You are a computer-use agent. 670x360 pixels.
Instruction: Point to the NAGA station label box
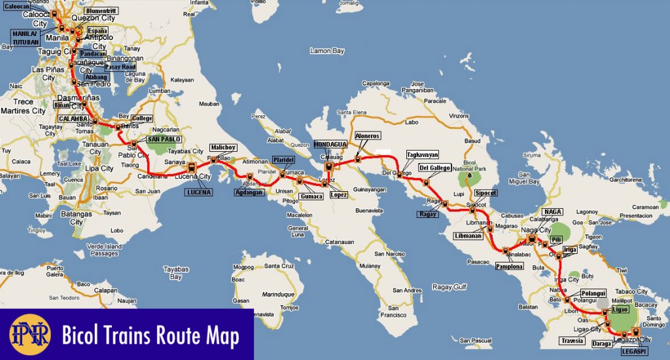pyautogui.click(x=553, y=212)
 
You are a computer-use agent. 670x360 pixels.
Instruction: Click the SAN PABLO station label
pyautogui.click(x=164, y=139)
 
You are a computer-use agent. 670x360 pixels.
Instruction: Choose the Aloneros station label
pyautogui.click(x=366, y=135)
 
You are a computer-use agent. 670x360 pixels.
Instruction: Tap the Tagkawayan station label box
pyautogui.click(x=421, y=154)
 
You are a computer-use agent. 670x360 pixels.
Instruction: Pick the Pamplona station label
pyautogui.click(x=509, y=266)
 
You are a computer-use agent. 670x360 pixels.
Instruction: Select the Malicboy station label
pyautogui.click(x=221, y=147)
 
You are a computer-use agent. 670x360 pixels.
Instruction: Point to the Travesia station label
pyautogui.click(x=572, y=340)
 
